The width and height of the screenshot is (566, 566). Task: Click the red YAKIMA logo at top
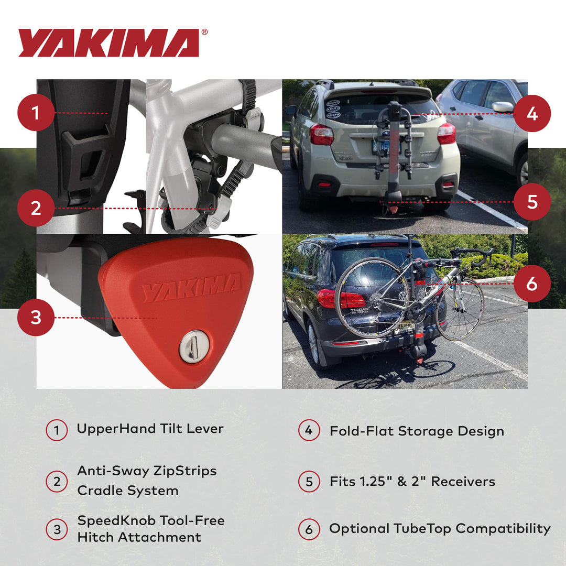tap(108, 43)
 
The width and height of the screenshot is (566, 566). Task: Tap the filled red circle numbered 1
tap(36, 113)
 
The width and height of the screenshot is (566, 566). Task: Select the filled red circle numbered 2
tap(36, 208)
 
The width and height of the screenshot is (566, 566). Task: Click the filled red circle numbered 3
tap(36, 318)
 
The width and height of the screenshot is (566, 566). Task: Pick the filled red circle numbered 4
tap(532, 113)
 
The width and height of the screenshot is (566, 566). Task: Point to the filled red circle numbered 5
tap(532, 202)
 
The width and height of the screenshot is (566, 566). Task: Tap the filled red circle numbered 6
tap(532, 284)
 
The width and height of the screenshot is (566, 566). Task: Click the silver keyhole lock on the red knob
tap(194, 346)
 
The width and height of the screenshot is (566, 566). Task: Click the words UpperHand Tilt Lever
tap(150, 429)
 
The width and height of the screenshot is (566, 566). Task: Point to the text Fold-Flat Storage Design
tap(417, 431)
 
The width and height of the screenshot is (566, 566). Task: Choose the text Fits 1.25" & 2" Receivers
tap(412, 482)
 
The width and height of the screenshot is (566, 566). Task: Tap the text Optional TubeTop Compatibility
tap(440, 529)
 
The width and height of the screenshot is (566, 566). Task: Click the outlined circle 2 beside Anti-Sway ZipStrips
tap(57, 481)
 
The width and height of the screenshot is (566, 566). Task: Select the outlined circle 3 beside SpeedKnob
tap(57, 529)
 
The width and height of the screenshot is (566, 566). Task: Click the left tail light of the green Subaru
tap(321, 135)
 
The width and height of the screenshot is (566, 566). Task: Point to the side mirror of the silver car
tap(503, 107)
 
